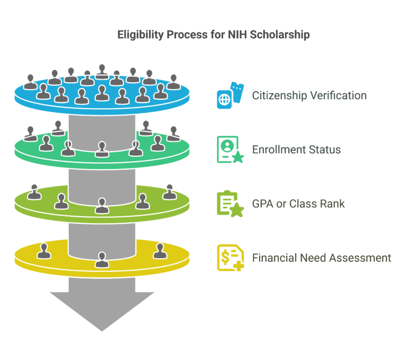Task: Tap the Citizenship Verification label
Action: click(309, 96)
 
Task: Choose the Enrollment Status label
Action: click(296, 150)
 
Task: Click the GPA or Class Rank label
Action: click(298, 204)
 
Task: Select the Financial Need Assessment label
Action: click(321, 258)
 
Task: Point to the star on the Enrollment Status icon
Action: click(238, 157)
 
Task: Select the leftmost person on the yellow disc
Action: click(44, 250)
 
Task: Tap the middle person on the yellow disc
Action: click(101, 259)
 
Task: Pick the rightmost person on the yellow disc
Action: click(160, 250)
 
